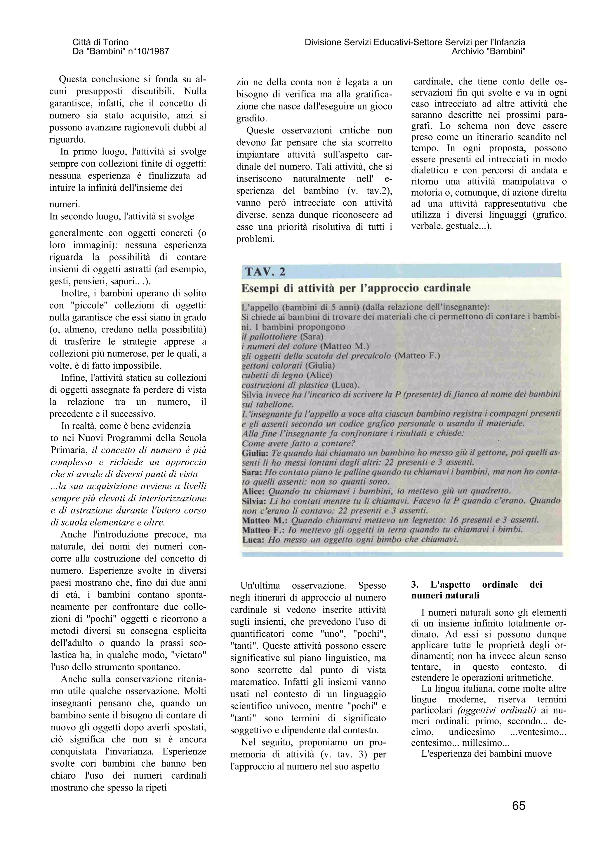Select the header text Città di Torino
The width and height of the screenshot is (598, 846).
[100, 42]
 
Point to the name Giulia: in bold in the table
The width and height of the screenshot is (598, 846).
[253, 453]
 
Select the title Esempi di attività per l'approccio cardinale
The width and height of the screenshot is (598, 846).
[356, 288]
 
